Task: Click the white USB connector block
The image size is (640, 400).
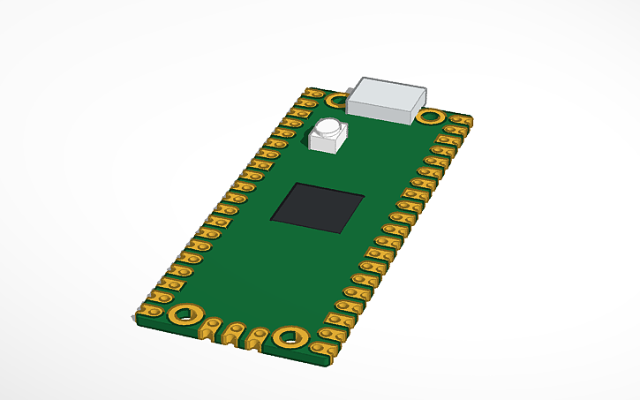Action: point(387,99)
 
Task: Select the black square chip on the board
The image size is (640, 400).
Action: point(318,208)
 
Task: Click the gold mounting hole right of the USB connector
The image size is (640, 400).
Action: point(431,116)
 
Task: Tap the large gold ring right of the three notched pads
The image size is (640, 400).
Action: point(289,336)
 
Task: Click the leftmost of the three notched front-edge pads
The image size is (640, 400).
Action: point(210,328)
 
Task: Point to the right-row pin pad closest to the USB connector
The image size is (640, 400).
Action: point(457,119)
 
